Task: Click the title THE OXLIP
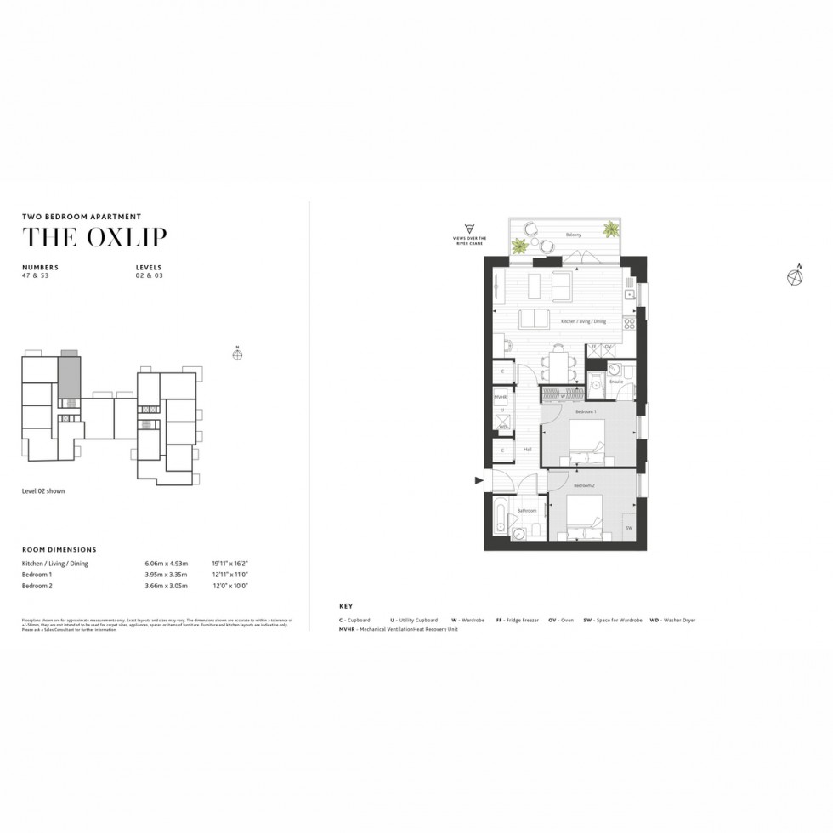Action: (x=94, y=238)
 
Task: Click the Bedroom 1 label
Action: (x=586, y=411)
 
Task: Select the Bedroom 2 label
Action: (x=583, y=485)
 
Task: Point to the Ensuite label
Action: (x=616, y=382)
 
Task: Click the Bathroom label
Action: (x=526, y=510)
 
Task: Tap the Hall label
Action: (x=528, y=450)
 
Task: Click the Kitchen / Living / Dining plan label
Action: (x=583, y=322)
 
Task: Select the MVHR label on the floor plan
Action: (x=501, y=397)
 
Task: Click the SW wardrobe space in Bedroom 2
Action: (x=629, y=528)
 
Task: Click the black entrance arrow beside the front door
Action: (x=478, y=482)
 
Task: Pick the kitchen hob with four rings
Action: (x=629, y=323)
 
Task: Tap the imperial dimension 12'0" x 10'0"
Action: (x=229, y=586)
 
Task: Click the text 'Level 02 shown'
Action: (x=43, y=491)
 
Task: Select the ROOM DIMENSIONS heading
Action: (x=59, y=550)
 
